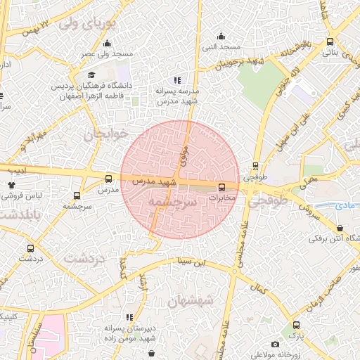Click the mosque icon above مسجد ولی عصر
click(x=108, y=44)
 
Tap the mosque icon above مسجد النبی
click(x=222, y=37)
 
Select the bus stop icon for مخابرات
click(x=222, y=187)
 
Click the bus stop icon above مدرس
click(x=108, y=179)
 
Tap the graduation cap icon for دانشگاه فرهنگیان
click(x=91, y=75)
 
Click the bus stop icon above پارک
click(x=297, y=326)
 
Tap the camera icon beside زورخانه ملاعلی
click(x=275, y=344)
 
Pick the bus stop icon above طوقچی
click(x=255, y=167)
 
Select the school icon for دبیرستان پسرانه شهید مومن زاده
click(x=129, y=317)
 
